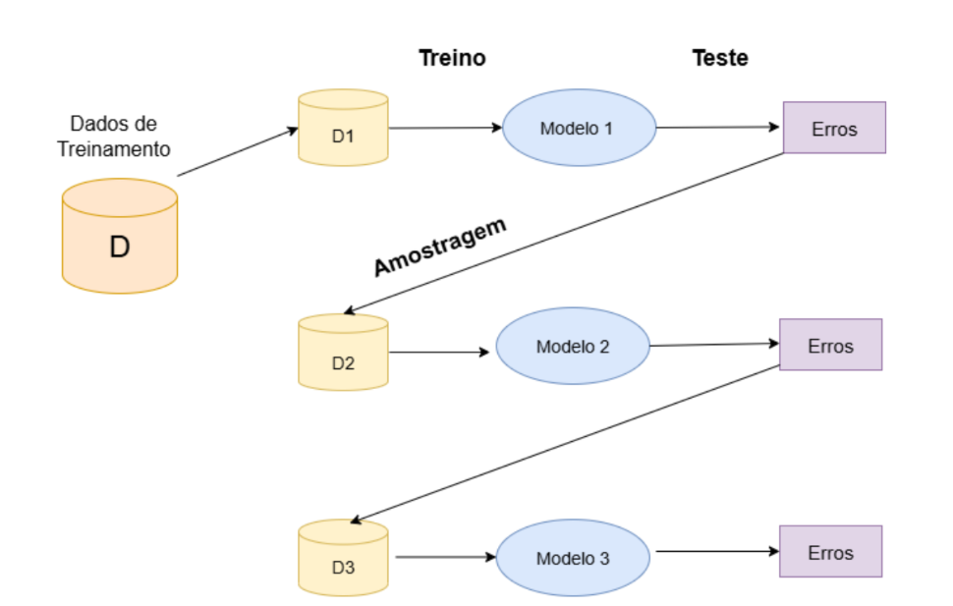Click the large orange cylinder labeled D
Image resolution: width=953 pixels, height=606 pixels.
120,236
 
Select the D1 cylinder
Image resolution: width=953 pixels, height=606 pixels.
343,128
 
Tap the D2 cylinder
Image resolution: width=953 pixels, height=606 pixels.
343,352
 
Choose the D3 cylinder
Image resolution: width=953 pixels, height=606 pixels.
343,557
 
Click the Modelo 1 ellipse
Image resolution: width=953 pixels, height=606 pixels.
580,128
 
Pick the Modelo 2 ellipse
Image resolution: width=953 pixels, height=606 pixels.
573,346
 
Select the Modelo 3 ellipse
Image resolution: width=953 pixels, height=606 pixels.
573,557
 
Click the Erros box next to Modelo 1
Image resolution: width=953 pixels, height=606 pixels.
834,128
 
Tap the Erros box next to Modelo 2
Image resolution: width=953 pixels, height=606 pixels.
831,345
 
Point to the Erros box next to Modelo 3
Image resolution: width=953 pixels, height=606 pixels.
831,551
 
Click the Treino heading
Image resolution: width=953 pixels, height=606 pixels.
452,58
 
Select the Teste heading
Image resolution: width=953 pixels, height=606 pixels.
720,58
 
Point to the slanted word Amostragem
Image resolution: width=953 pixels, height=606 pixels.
439,247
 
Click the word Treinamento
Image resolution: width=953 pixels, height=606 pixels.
114,149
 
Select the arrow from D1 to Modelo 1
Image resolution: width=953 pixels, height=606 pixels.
445,128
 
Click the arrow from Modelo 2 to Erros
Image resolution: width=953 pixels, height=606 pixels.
714,345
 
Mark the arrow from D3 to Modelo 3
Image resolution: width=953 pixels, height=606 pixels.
445,557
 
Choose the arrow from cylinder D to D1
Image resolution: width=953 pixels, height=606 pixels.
238,152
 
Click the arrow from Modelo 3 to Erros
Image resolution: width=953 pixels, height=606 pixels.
718,551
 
